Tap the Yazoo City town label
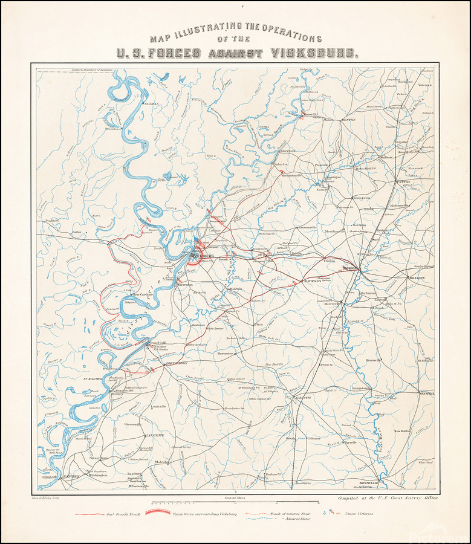(310, 113)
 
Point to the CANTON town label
(403, 181)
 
